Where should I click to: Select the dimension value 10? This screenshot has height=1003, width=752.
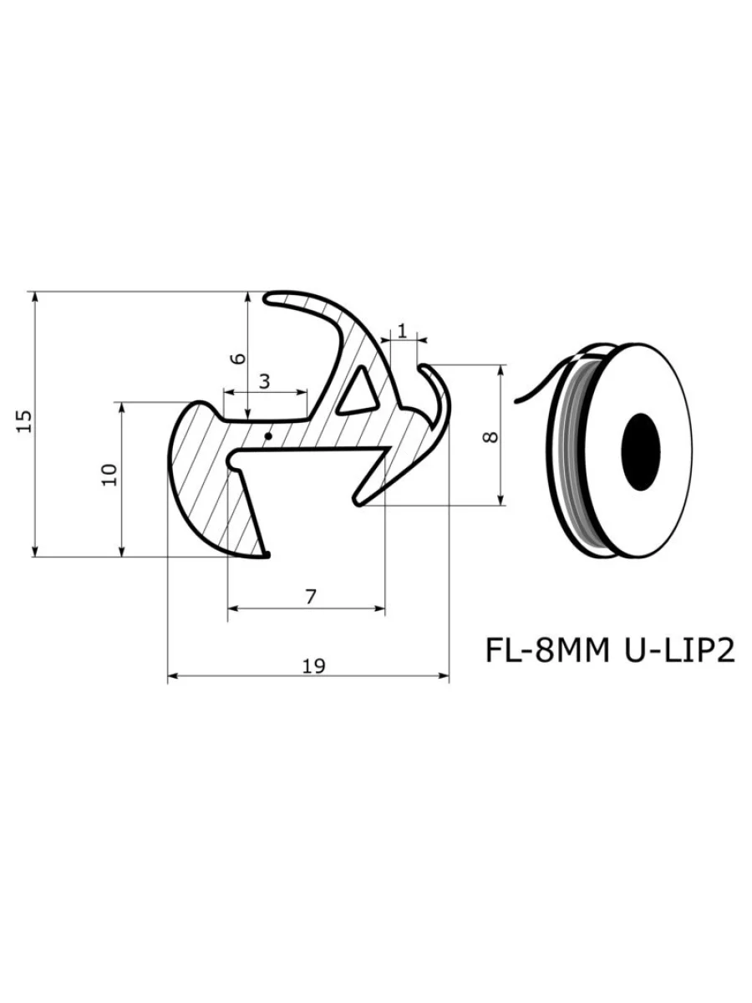tap(109, 474)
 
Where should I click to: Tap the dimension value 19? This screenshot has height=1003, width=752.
tap(313, 665)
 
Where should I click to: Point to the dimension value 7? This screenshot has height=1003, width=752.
tap(311, 597)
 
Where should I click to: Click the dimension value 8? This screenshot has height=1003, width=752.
tap(490, 435)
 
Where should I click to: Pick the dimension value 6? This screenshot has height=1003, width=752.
tap(238, 358)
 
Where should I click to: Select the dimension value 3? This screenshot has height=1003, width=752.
tap(264, 382)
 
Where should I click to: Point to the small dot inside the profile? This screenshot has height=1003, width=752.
tap(267, 435)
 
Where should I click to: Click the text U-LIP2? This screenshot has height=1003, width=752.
tap(678, 651)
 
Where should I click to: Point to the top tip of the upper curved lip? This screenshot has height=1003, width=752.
tap(269, 297)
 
